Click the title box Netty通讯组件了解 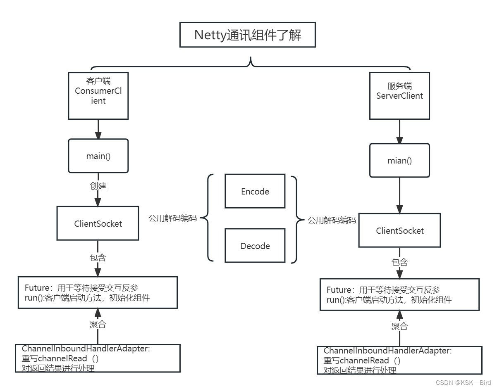(248, 35)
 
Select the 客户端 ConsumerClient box (98, 96)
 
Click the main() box (98, 156)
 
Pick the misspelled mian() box (399, 161)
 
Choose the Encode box (255, 191)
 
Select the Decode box (255, 246)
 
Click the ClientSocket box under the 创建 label (98, 223)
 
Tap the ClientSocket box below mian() (399, 230)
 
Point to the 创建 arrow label (98, 186)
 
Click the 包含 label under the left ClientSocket (98, 258)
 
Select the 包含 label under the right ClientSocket (399, 262)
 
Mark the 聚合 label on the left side (98, 324)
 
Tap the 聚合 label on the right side (399, 326)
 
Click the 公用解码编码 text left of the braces (172, 218)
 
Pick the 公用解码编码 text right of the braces (332, 220)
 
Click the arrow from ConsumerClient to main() (98, 129)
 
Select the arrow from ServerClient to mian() (399, 131)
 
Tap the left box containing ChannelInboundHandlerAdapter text (98, 358)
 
